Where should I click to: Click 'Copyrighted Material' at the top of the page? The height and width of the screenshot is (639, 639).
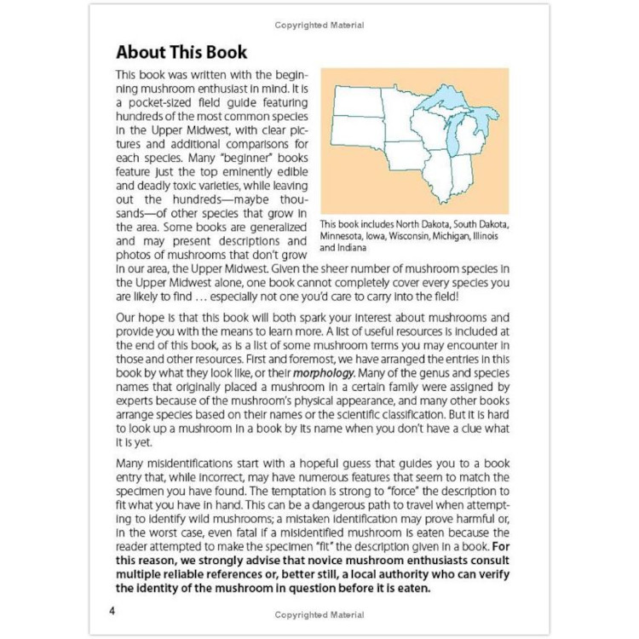pyautogui.click(x=319, y=26)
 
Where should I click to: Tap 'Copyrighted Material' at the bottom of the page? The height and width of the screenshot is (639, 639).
pyautogui.click(x=319, y=614)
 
